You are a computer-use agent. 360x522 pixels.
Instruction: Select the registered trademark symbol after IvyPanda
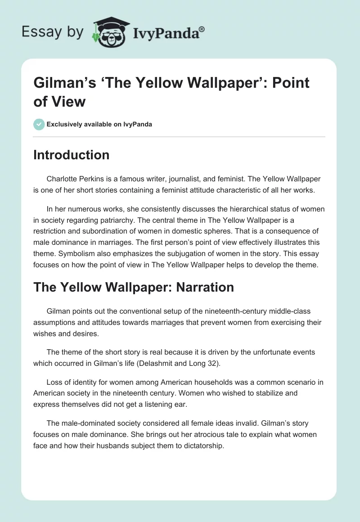202,29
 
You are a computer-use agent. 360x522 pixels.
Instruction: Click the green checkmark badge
39,124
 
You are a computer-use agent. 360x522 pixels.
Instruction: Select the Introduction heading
71,155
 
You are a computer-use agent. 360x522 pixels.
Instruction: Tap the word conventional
124,311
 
